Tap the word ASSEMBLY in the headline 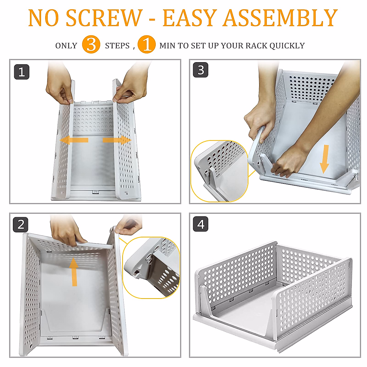(280, 18)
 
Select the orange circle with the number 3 (91, 44)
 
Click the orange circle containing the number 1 (146, 44)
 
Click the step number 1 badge (21, 72)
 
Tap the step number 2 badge (20, 225)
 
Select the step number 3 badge (201, 70)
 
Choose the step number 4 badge (201, 224)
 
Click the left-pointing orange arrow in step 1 (74, 140)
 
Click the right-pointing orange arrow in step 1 (117, 140)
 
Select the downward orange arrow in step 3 (324, 159)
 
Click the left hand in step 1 (59, 84)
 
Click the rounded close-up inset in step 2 (151, 268)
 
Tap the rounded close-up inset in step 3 (219, 171)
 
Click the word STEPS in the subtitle (117, 46)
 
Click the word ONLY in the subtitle (66, 46)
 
